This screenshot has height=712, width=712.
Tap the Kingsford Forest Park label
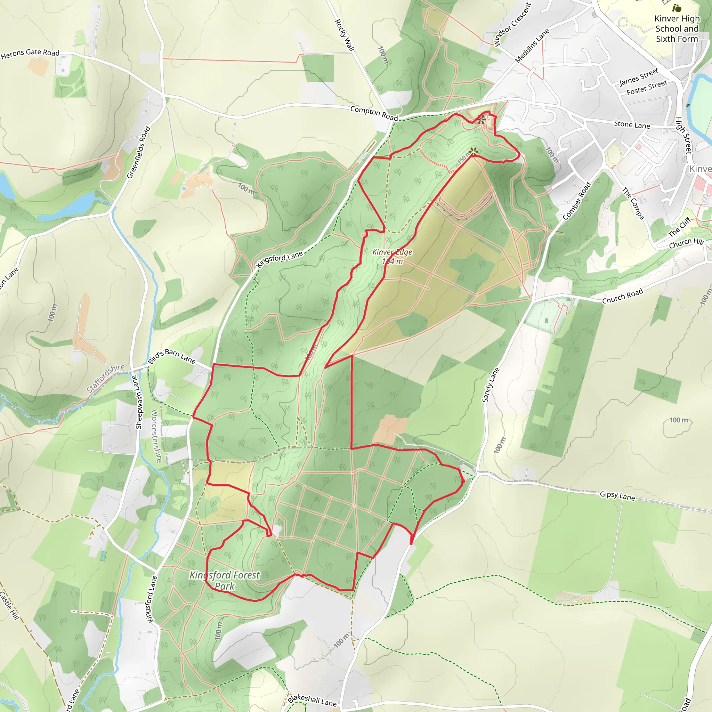pyautogui.click(x=225, y=581)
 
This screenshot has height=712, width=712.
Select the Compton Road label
pyautogui.click(x=374, y=113)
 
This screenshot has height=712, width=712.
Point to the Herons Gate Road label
pyautogui.click(x=30, y=54)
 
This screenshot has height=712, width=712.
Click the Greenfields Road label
pyautogui.click(x=139, y=152)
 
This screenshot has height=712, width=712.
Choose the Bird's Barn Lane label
pyautogui.click(x=172, y=356)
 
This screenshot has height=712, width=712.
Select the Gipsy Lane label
pyautogui.click(x=617, y=496)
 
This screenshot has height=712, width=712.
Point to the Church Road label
pyautogui.click(x=622, y=296)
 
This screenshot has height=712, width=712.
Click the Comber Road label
pyautogui.click(x=577, y=201)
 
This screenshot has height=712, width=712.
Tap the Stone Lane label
pyautogui.click(x=632, y=124)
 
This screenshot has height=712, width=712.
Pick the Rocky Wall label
pyautogui.click(x=345, y=35)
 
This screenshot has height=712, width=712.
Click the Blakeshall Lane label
pyautogui.click(x=312, y=700)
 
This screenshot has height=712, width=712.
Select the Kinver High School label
pyautogui.click(x=677, y=29)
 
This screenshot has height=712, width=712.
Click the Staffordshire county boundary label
pyautogui.click(x=106, y=378)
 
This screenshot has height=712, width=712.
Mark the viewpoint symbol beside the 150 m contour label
pyautogui.click(x=474, y=151)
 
